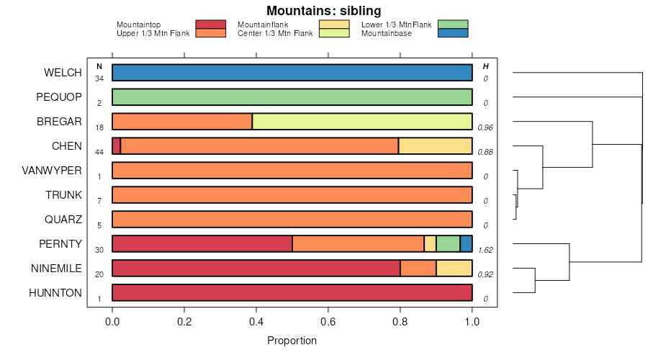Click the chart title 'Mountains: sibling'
coord(323,11)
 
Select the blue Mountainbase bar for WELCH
coord(292,73)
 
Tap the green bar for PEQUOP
coord(292,97)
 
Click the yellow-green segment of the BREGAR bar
coord(362,122)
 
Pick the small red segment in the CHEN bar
coord(117,146)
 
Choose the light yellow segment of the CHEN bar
coord(436,146)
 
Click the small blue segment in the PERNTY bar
coord(467,244)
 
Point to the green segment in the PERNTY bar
coord(448,244)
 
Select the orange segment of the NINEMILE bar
coord(418,269)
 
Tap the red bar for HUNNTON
coord(292,293)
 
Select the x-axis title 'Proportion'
coord(292,341)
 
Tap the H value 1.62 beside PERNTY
coord(485,250)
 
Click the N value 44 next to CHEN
coord(99,152)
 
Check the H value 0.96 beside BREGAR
coord(485,127)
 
